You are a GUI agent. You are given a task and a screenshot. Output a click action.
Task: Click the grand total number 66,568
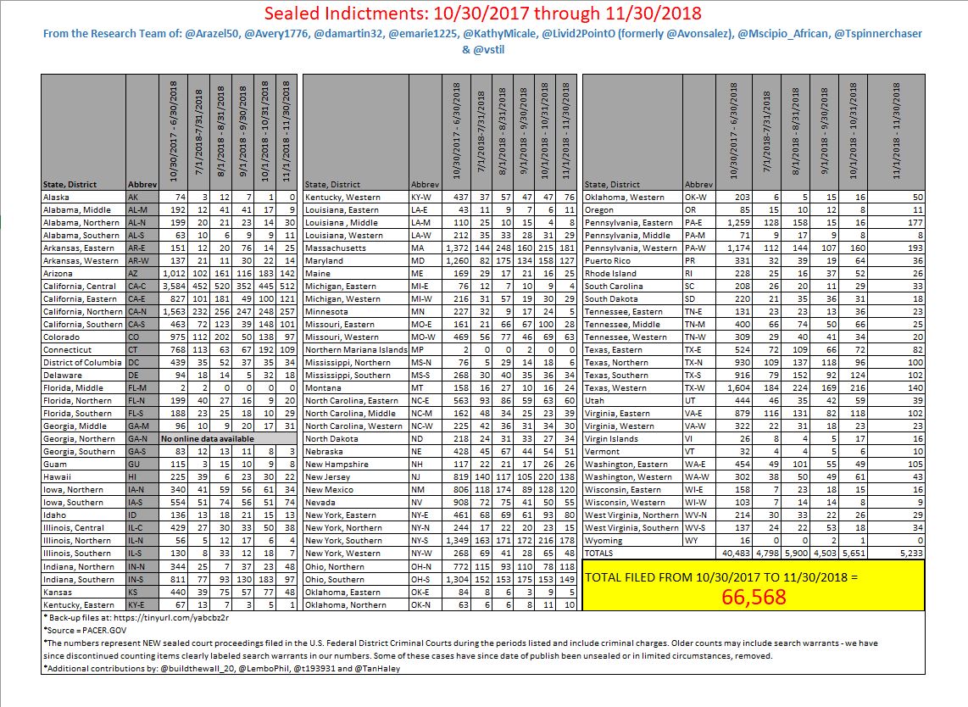click(754, 597)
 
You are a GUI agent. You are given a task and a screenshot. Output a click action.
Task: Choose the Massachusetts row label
click(337, 248)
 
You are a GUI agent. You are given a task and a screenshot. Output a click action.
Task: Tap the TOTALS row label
click(599, 553)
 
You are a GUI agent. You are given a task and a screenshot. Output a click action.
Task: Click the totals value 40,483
click(732, 553)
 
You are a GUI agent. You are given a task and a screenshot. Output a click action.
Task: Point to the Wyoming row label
click(604, 540)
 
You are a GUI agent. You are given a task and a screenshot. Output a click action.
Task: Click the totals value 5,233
click(904, 553)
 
